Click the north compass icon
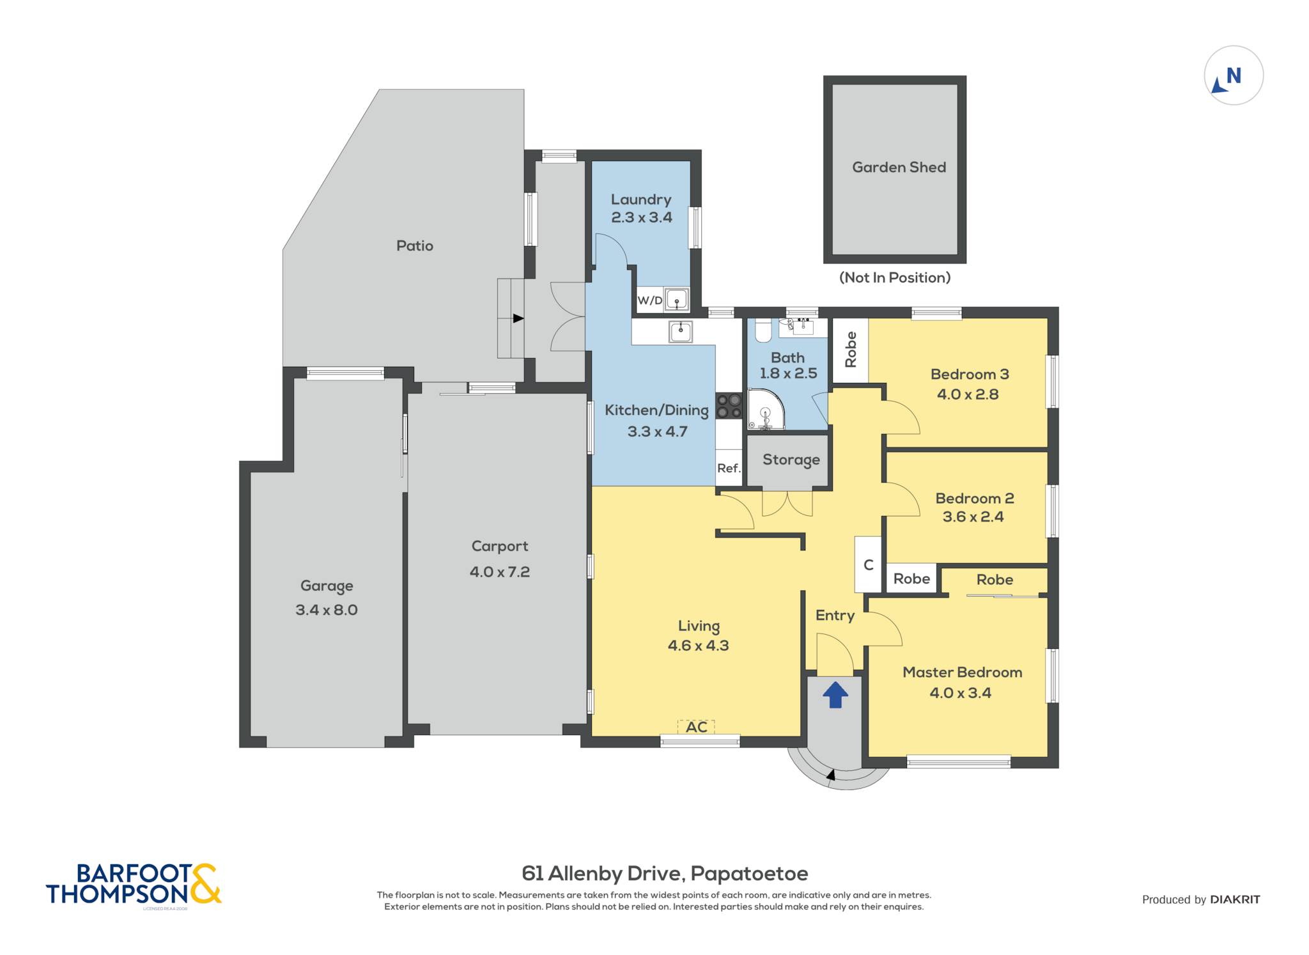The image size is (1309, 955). coord(1233,75)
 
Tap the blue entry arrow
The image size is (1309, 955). coord(835,694)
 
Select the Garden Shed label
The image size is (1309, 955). coord(899,167)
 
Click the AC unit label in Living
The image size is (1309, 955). coord(696,727)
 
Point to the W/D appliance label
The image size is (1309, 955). coord(650,300)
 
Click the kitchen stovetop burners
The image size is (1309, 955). coord(728,406)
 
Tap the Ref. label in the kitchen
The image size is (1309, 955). coord(729,468)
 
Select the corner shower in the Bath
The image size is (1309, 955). coord(765,410)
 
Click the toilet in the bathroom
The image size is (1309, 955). coord(763,330)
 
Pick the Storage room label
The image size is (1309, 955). coord(791,460)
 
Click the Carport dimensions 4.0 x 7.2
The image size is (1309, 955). coord(500,571)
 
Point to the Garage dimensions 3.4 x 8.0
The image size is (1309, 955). coord(327,610)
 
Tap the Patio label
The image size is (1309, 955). coord(415,245)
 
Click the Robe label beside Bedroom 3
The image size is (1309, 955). coord(851,349)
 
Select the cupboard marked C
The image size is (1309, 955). coord(868,564)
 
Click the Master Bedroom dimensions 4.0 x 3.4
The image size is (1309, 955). coord(960,693)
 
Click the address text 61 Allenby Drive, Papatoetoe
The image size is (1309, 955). coord(665,873)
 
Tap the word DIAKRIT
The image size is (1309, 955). coord(1235,899)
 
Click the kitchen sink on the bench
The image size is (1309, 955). coord(681,332)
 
